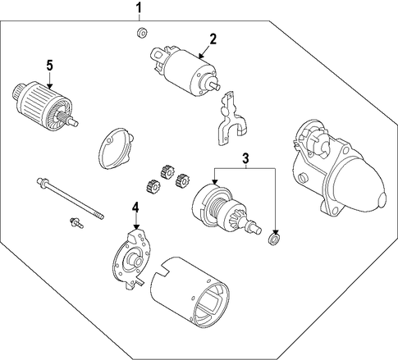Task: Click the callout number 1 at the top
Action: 140,8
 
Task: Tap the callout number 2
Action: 213,39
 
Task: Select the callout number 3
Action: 245,158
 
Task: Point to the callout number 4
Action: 135,207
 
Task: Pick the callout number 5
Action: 49,66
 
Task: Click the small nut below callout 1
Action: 142,34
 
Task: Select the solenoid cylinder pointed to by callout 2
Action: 185,71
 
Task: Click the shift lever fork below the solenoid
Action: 231,119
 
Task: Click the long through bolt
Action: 70,198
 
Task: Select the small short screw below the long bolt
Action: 76,223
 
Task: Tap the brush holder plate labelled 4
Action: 131,259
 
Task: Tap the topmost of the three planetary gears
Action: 167,172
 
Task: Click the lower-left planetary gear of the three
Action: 153,187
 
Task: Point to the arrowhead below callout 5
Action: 49,86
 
